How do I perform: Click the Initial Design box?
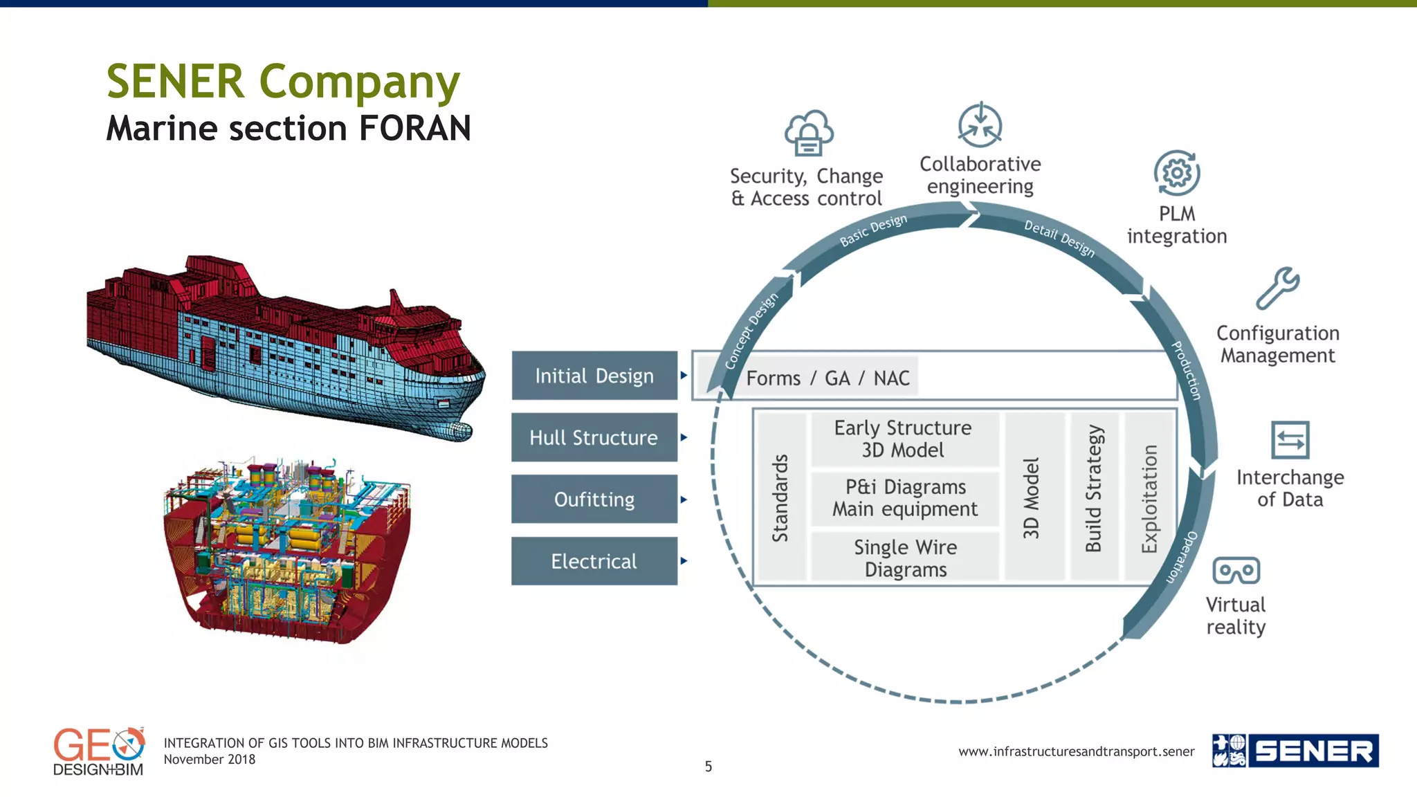[x=594, y=376]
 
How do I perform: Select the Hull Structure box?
[x=594, y=437]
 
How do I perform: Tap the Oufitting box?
[x=594, y=499]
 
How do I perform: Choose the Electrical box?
[x=594, y=561]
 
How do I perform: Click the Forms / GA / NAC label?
[x=828, y=378]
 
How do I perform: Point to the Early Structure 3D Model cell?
[x=904, y=439]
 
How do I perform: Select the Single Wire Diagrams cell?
[x=905, y=558]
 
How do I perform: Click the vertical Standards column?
[x=781, y=497]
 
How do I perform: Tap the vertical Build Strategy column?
[x=1094, y=496]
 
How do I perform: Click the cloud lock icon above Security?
[x=808, y=133]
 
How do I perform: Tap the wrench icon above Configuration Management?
[x=1277, y=288]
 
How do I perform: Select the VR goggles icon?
[x=1236, y=571]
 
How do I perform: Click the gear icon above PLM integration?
[x=1177, y=173]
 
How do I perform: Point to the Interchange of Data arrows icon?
[x=1290, y=440]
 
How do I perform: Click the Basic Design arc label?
[x=873, y=230]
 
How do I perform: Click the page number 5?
[x=708, y=766]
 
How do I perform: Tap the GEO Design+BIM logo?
[x=99, y=752]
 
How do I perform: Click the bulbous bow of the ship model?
[x=457, y=430]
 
